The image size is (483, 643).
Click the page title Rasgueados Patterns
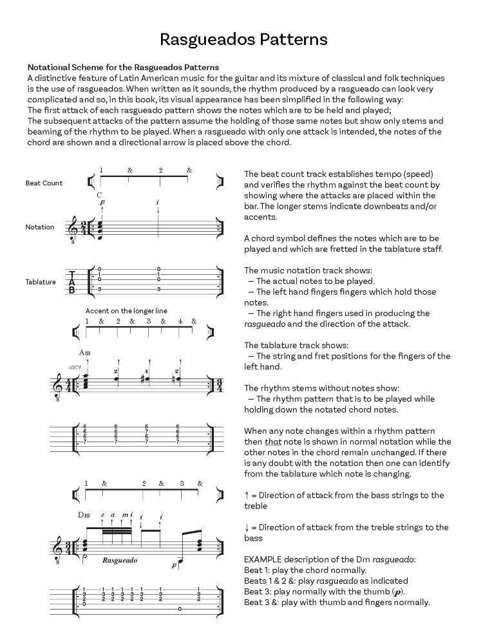click(243, 40)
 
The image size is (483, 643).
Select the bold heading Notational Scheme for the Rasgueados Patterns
click(122, 67)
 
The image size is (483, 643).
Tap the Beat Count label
click(44, 183)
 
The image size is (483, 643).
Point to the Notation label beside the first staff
click(40, 227)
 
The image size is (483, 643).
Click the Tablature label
click(40, 282)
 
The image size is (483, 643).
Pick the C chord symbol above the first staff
click(99, 194)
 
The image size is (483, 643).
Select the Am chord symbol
click(85, 353)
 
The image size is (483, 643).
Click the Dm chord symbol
click(84, 515)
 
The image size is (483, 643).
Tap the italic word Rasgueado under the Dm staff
click(119, 560)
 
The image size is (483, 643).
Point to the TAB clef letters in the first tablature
click(72, 281)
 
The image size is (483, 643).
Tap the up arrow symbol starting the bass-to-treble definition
click(247, 495)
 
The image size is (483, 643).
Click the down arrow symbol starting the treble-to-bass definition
click(247, 527)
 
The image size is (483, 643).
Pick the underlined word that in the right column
click(273, 442)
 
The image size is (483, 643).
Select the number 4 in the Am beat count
click(180, 321)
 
